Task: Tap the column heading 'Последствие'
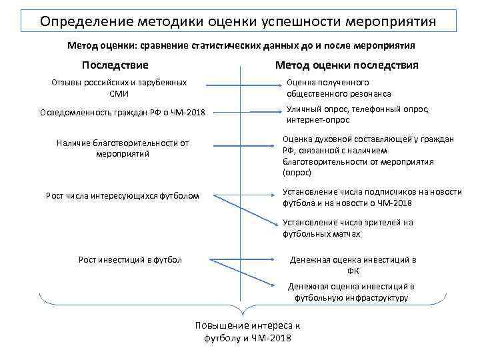click(x=115, y=65)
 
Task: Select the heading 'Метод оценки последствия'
click(x=347, y=65)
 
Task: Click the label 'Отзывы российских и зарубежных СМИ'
click(x=119, y=87)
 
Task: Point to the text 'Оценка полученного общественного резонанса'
click(x=339, y=88)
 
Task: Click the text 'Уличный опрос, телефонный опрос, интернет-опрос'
click(x=357, y=114)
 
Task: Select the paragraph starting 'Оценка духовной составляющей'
click(x=368, y=155)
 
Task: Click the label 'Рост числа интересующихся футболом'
click(x=122, y=195)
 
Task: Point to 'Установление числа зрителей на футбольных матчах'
click(x=347, y=228)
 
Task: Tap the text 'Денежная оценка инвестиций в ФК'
click(x=353, y=265)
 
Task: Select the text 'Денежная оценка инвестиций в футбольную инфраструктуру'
click(x=351, y=292)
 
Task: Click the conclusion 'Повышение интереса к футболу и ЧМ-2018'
click(x=247, y=331)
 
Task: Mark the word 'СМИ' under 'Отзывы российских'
click(x=118, y=93)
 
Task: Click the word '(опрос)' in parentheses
click(x=297, y=172)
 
